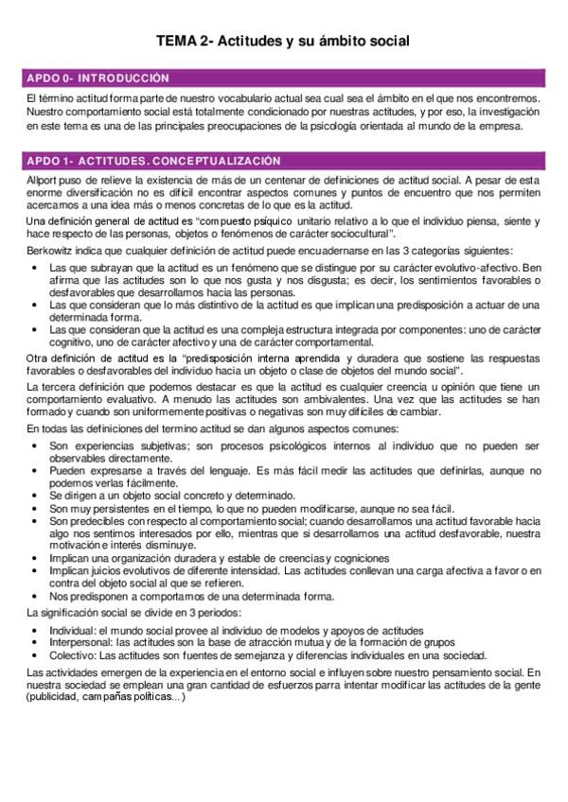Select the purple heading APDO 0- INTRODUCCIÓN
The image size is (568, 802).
click(98, 78)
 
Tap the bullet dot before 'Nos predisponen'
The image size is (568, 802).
click(35, 597)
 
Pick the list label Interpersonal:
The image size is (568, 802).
click(80, 643)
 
